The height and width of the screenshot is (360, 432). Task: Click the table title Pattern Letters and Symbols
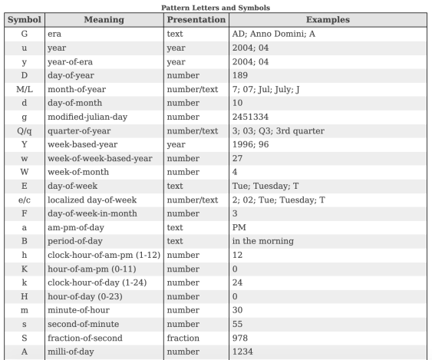[x=216, y=7]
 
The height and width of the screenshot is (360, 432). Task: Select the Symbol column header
[x=25, y=18]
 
